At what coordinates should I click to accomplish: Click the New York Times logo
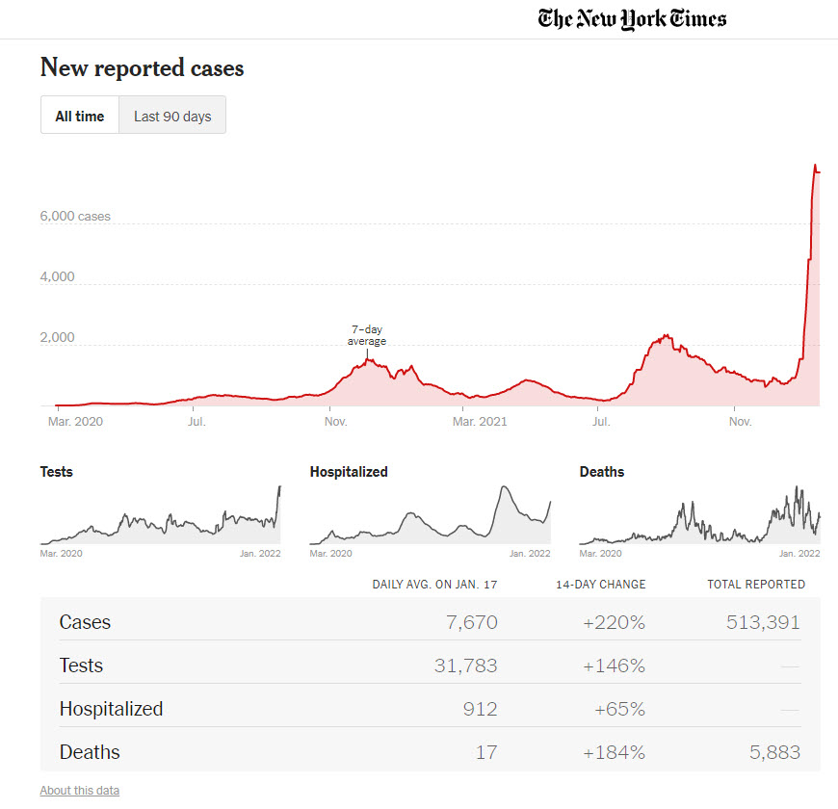click(x=632, y=18)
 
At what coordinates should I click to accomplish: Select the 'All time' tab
click(x=79, y=116)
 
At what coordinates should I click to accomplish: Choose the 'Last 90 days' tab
click(x=172, y=116)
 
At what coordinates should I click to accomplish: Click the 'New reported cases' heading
click(x=142, y=68)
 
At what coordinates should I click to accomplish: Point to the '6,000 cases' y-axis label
click(x=75, y=217)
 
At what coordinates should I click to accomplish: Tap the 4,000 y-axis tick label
click(x=57, y=277)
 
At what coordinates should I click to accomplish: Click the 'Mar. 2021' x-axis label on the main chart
click(x=480, y=421)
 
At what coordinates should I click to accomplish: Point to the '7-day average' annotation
click(x=366, y=335)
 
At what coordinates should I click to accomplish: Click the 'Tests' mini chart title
click(x=56, y=472)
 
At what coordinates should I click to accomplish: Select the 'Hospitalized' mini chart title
click(x=349, y=472)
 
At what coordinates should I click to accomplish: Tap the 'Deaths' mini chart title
click(x=602, y=472)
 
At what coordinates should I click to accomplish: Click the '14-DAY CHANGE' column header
click(x=600, y=585)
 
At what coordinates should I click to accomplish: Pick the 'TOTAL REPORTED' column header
click(x=756, y=585)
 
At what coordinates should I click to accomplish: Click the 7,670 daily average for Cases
click(x=472, y=622)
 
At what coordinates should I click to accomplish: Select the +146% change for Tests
click(x=614, y=665)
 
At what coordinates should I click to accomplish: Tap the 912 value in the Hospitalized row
click(x=480, y=709)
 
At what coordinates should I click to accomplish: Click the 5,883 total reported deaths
click(x=774, y=752)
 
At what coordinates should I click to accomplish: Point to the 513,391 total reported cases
click(x=763, y=622)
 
